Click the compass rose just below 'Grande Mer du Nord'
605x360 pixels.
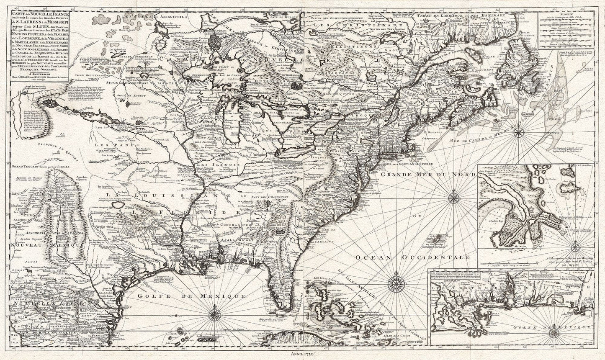[x=454, y=196]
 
